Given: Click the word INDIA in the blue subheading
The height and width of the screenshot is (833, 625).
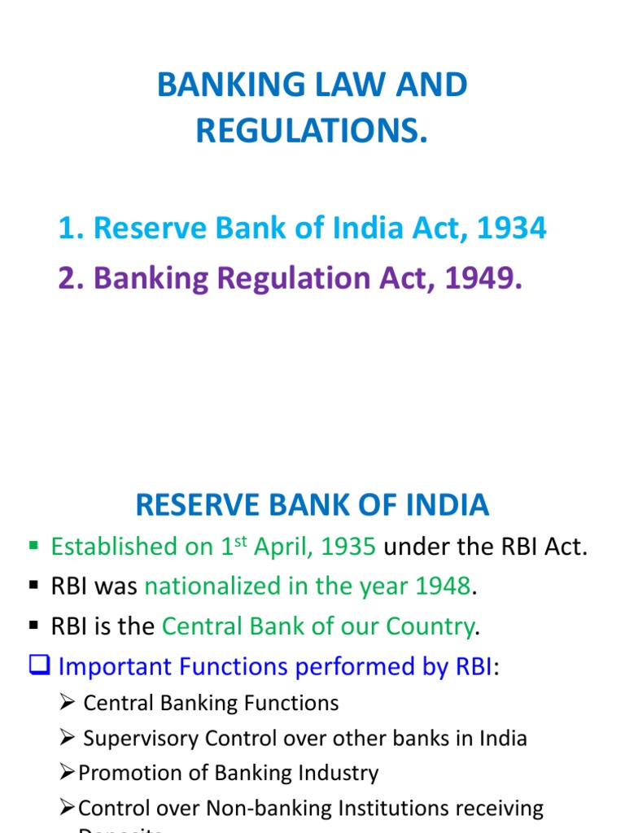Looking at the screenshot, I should click(x=448, y=505).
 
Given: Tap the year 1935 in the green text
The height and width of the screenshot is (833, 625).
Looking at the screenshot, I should click(x=348, y=547).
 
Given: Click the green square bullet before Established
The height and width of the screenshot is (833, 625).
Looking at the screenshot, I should click(x=34, y=545).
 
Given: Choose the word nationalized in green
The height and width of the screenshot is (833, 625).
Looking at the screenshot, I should click(x=213, y=586).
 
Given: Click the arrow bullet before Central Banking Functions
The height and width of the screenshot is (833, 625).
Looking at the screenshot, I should click(x=68, y=703).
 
